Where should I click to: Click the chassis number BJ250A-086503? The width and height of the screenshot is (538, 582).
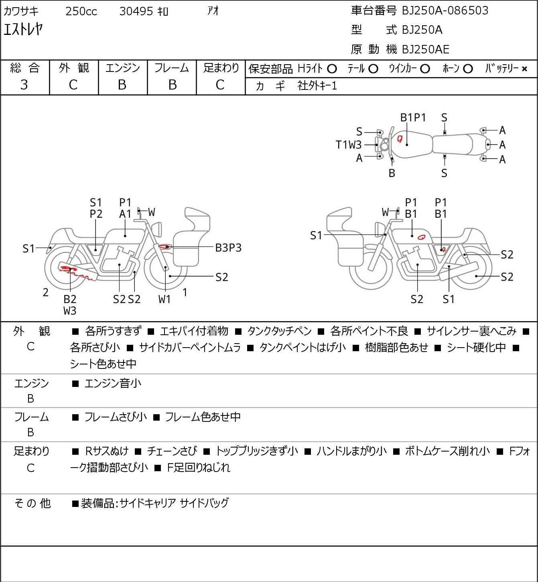click(445, 11)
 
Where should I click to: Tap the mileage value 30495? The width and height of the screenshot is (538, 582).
click(136, 12)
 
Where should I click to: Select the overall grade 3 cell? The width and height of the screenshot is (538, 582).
click(24, 85)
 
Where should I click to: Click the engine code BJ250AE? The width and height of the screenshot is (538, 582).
click(425, 49)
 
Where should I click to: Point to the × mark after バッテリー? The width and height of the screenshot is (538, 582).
click(524, 69)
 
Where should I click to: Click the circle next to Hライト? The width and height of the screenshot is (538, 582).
click(332, 69)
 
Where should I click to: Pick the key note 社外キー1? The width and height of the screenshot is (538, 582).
click(317, 86)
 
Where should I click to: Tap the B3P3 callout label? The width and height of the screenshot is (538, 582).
click(228, 248)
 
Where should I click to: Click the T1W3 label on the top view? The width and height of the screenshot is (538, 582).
click(349, 145)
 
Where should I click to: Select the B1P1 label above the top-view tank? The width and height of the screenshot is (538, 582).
click(413, 118)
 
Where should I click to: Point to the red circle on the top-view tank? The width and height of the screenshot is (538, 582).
click(400, 139)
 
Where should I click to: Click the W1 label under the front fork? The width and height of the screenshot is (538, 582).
click(164, 299)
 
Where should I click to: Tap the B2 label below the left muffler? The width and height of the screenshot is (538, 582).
click(70, 299)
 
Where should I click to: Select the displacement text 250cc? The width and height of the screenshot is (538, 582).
click(81, 12)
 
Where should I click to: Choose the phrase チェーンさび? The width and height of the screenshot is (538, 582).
click(172, 451)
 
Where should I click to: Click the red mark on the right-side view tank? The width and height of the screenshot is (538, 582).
click(421, 237)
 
